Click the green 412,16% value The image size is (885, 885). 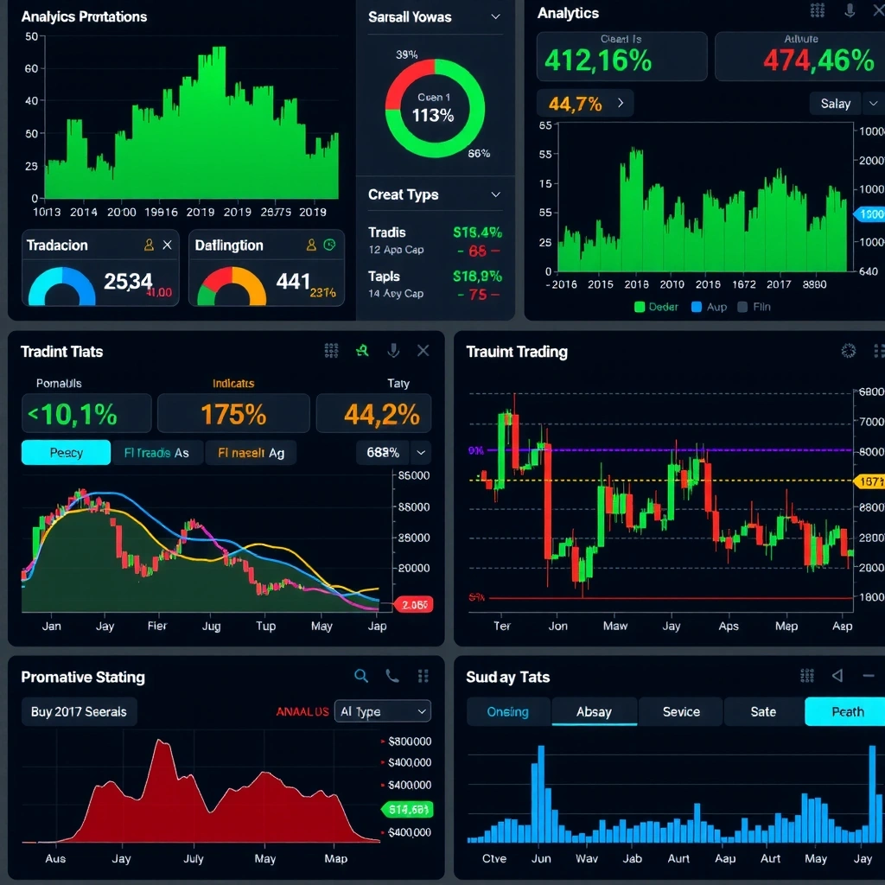598,61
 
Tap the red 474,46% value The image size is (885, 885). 818,61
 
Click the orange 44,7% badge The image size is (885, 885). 585,104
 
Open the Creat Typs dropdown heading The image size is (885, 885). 435,194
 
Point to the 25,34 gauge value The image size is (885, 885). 127,281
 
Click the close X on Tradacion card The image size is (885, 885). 168,245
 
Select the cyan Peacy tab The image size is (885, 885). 66,453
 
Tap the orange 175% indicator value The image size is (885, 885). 233,415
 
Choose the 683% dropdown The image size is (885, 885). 393,452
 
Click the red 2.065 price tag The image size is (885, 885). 414,605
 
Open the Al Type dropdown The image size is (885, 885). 382,711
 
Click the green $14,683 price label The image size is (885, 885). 407,810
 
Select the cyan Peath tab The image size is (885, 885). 846,711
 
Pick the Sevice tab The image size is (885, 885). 681,711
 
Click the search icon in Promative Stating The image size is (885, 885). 361,677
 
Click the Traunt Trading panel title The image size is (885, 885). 517,352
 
